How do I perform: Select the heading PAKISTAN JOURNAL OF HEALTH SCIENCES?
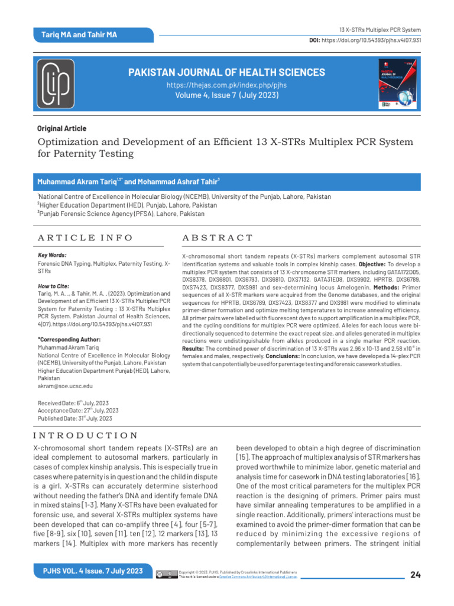[x=227, y=72]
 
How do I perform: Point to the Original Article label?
[x=61, y=128]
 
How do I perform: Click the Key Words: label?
[x=52, y=255]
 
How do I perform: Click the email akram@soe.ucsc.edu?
[x=65, y=386]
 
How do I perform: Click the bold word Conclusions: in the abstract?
[x=282, y=357]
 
